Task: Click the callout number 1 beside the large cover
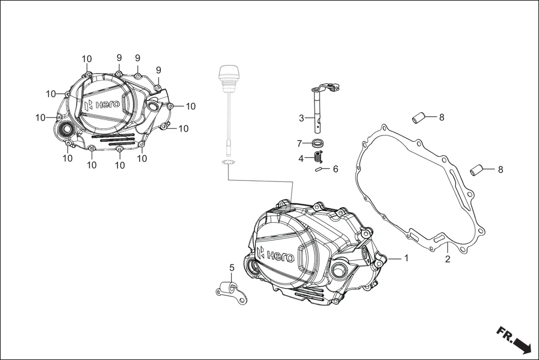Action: [x=407, y=258]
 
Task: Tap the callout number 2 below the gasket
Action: [x=447, y=260]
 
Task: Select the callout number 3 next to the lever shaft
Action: [x=302, y=118]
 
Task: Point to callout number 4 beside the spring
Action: [x=301, y=159]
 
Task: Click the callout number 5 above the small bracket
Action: [x=232, y=268]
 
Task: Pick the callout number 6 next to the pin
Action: [x=335, y=169]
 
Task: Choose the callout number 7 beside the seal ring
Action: [x=299, y=143]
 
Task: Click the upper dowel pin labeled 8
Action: [x=419, y=118]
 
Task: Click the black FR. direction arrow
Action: [x=514, y=341]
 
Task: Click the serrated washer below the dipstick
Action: [x=228, y=162]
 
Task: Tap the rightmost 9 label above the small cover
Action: [x=159, y=70]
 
